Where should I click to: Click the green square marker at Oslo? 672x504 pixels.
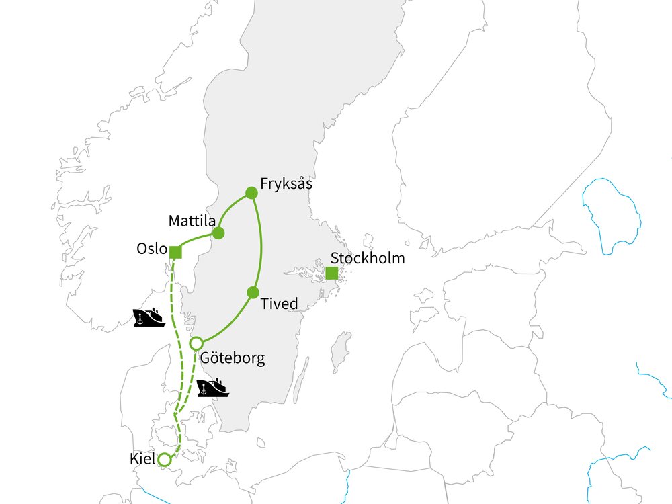175,252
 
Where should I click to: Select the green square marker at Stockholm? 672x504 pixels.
331,273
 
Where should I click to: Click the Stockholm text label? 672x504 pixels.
368,258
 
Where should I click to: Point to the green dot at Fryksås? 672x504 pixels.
251,193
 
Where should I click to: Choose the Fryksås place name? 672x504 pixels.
287,183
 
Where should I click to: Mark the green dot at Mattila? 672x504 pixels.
218,233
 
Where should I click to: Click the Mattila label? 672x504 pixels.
192,220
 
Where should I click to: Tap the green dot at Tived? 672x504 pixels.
253,292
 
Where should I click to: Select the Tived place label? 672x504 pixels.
279,304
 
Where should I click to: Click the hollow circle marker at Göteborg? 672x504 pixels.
196,343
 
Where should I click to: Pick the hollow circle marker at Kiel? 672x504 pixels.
163,460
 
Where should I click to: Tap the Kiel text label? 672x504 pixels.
141,460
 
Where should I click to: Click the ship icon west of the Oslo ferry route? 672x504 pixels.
149,317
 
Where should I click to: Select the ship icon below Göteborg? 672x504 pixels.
213,388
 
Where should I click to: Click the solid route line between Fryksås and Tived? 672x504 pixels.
261,242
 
